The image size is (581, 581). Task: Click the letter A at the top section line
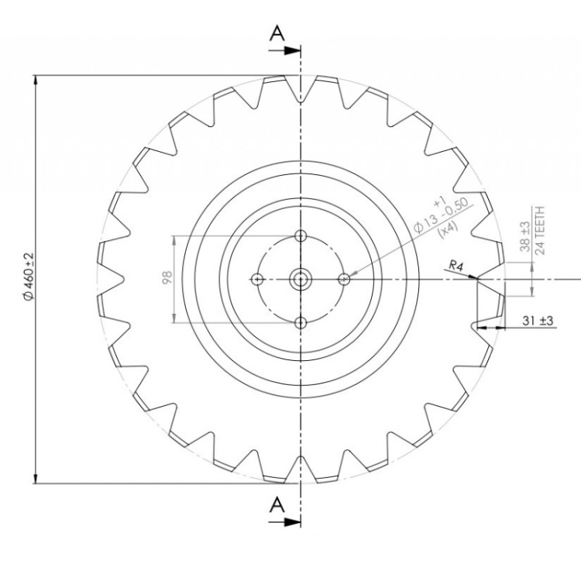[x=277, y=33]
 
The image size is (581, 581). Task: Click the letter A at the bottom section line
[x=277, y=504]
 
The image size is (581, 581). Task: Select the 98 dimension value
[x=167, y=277]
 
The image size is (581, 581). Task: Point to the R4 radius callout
[x=456, y=265]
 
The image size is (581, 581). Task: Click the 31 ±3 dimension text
[x=538, y=320]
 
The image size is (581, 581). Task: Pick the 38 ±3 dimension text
[x=525, y=236]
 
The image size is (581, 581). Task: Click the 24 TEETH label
[x=540, y=231]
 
